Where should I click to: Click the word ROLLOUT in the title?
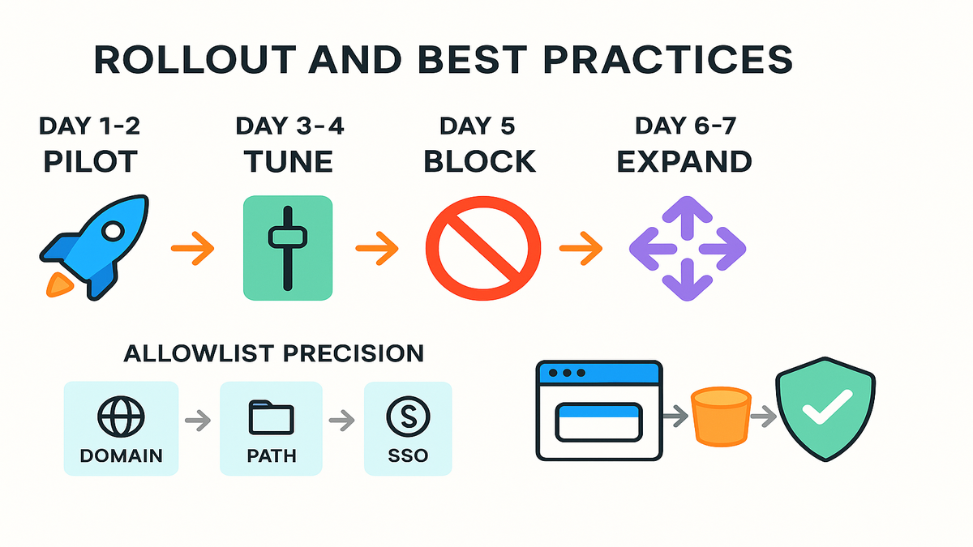pos(195,59)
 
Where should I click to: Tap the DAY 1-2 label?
pos(89,126)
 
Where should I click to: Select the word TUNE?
pos(289,161)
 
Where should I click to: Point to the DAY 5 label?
pos(478,126)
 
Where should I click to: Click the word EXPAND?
pos(684,161)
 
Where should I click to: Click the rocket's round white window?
pos(114,231)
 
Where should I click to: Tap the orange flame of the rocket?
pos(59,285)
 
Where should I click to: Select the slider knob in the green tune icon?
pos(288,237)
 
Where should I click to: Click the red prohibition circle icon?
pos(483,248)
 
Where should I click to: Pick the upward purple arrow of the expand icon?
pos(688,217)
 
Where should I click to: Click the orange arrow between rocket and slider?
pos(193,248)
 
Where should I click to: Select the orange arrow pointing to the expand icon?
pos(581,248)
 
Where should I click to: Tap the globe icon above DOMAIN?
pos(121,417)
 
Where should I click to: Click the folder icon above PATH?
pos(271,417)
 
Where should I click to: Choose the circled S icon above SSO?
pos(408,417)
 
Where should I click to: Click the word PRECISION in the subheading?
pos(354,353)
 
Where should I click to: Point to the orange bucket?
pos(721,417)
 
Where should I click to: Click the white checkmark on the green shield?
pos(827,407)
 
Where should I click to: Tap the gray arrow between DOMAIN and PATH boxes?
pos(198,420)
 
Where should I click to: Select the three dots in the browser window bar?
pos(567,373)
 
